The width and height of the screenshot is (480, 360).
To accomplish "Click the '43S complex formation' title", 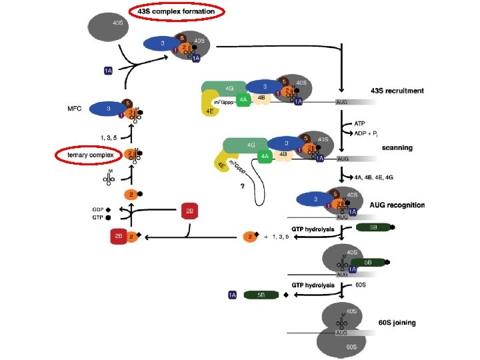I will [x=176, y=11].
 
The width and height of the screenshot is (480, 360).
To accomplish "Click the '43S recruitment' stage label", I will [x=397, y=91].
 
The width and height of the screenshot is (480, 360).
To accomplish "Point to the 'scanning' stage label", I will [x=399, y=147].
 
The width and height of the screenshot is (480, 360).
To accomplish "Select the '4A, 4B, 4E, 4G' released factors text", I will [x=377, y=177].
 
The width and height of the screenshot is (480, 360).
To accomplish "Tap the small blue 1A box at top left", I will [x=109, y=70].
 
